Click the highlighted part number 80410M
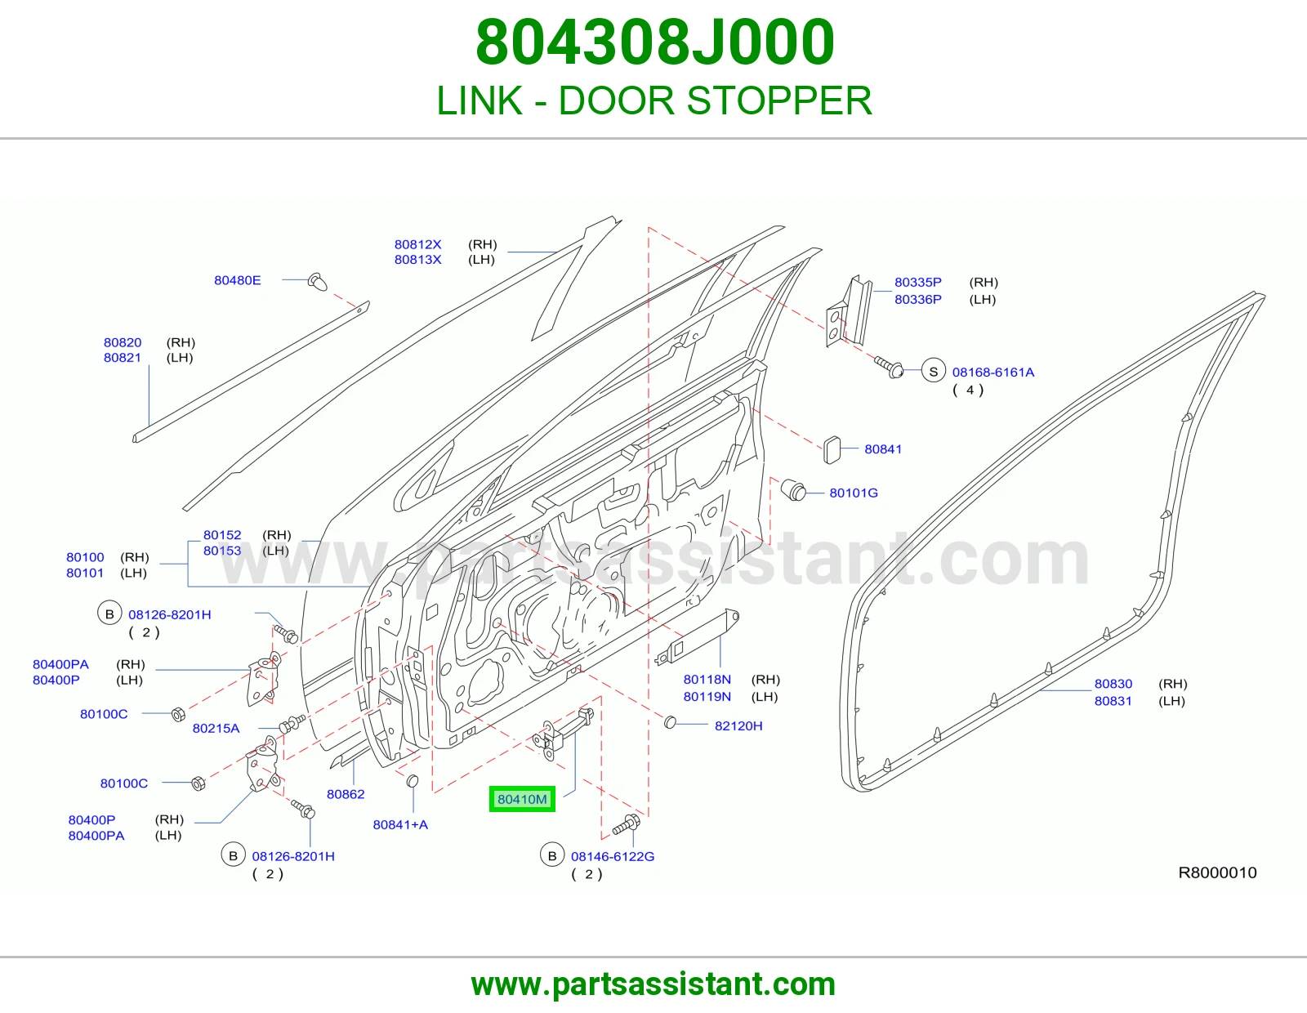click(522, 799)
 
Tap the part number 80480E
click(238, 280)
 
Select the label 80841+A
click(400, 825)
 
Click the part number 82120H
click(738, 726)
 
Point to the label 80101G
click(854, 493)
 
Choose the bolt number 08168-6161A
click(993, 373)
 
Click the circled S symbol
click(934, 372)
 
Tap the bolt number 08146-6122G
click(613, 857)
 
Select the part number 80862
click(346, 794)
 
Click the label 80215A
click(216, 729)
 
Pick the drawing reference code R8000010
click(1217, 872)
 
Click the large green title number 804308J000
click(654, 42)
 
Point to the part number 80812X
click(418, 245)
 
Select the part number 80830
click(1113, 684)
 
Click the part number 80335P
click(918, 282)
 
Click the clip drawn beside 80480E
click(318, 282)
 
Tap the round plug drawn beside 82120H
click(670, 722)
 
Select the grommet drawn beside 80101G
click(793, 490)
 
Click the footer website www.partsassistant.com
click(653, 984)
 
